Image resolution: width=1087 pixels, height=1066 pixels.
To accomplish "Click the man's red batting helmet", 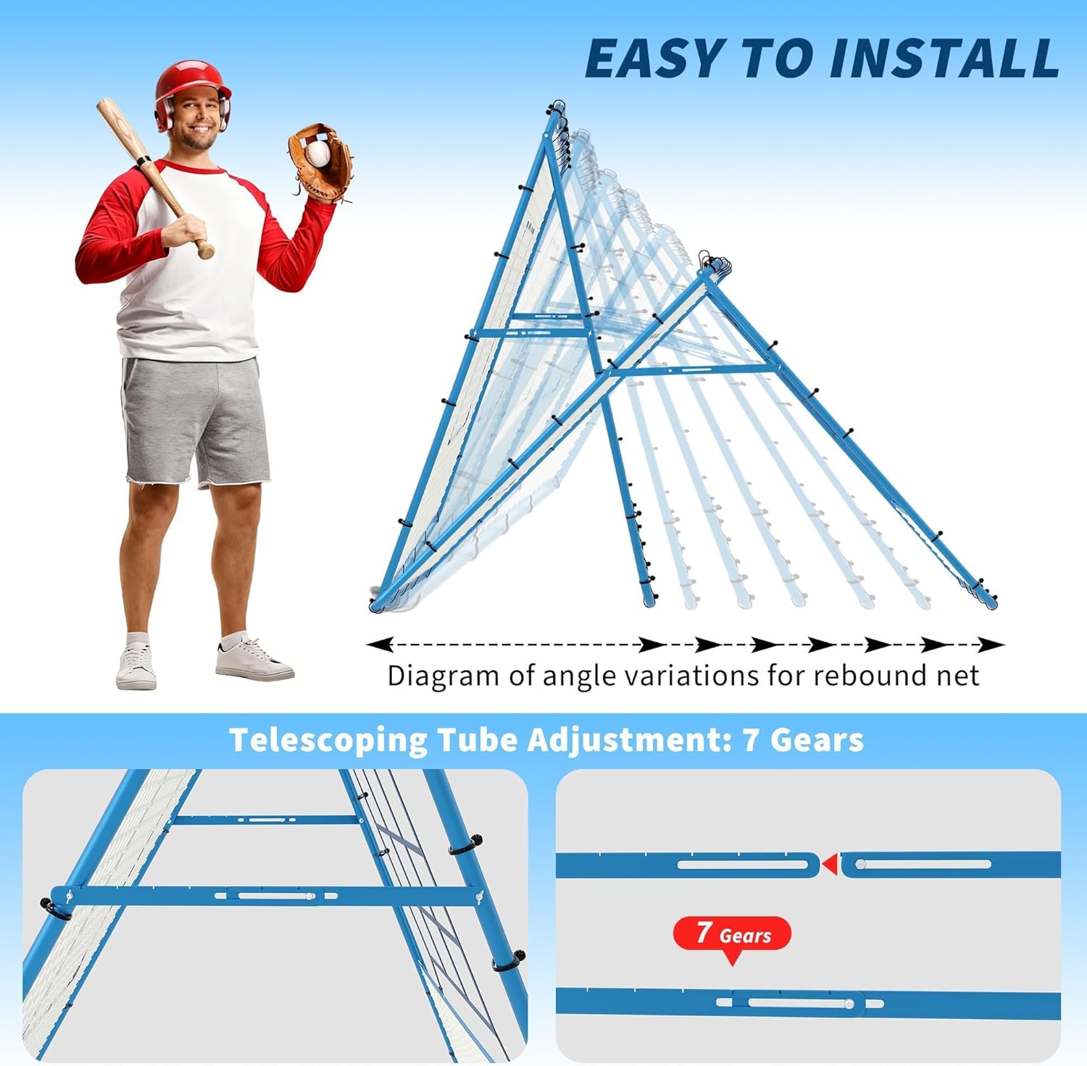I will click(191, 83).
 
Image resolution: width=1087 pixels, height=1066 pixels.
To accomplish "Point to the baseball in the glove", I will click(317, 153).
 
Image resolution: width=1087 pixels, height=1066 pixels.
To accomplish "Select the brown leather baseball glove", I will click(320, 162).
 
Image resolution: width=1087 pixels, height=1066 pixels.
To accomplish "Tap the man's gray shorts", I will click(194, 420).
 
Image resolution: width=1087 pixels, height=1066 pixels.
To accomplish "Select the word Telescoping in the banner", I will click(328, 740).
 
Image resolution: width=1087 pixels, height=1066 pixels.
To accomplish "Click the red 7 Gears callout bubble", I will click(732, 933).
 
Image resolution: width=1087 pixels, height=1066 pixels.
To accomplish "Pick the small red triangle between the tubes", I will click(830, 864).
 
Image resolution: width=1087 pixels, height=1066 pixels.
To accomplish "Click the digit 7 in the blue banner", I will click(751, 740).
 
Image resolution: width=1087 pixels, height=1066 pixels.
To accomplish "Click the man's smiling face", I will click(195, 119).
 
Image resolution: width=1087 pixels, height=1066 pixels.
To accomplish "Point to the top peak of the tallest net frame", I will click(557, 106).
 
